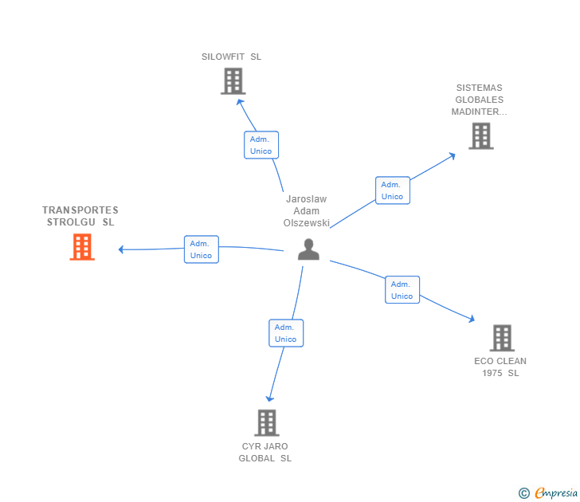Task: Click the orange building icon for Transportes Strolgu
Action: pos(82,247)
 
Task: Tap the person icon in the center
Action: pos(308,249)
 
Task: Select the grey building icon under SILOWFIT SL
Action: pos(233,81)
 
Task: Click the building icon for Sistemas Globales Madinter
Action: pos(481,136)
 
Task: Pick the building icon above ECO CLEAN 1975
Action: pos(502,338)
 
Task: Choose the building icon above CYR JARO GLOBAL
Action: pos(267,423)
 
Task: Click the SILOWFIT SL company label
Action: pos(231,57)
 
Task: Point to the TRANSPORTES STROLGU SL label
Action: pos(80,216)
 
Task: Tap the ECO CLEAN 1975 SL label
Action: pos(500,367)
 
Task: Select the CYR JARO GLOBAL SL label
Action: pos(265,452)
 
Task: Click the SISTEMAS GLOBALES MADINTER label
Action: pos(479,100)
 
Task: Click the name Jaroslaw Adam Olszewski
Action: pos(306,211)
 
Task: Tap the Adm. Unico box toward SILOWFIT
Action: pos(261,145)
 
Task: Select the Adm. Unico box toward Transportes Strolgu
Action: pos(202,249)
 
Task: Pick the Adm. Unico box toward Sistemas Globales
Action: pos(393,190)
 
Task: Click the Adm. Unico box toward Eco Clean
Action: pos(402,290)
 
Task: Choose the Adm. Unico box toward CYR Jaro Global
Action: pos(286,333)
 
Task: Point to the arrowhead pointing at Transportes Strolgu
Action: pos(120,249)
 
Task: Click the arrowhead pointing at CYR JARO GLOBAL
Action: pos(269,398)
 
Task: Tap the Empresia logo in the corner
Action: pos(548,493)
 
